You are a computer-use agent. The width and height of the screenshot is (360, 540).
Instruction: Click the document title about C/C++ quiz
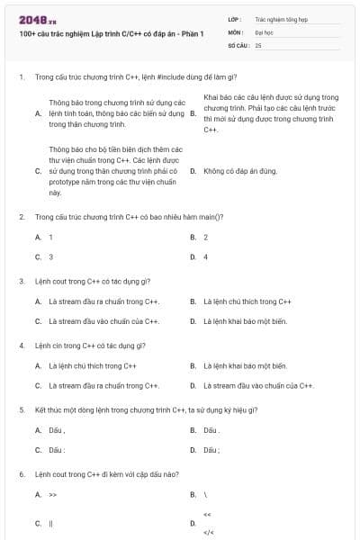111,33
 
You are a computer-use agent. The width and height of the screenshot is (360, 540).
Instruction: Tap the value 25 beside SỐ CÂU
258,44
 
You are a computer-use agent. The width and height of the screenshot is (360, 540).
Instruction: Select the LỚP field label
235,19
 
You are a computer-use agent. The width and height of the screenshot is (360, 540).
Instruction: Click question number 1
21,77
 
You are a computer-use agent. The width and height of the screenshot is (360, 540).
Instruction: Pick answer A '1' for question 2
50,237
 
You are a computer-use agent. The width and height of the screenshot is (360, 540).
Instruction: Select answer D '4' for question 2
205,256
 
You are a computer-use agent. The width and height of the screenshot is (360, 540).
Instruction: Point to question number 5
21,409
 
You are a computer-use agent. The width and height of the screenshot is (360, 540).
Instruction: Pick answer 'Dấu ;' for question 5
211,450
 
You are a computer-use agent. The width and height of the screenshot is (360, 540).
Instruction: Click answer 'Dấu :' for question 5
57,450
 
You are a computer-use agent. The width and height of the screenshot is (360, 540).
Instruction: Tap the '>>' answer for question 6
53,494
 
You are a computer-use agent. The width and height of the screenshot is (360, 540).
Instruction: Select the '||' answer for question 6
51,523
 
